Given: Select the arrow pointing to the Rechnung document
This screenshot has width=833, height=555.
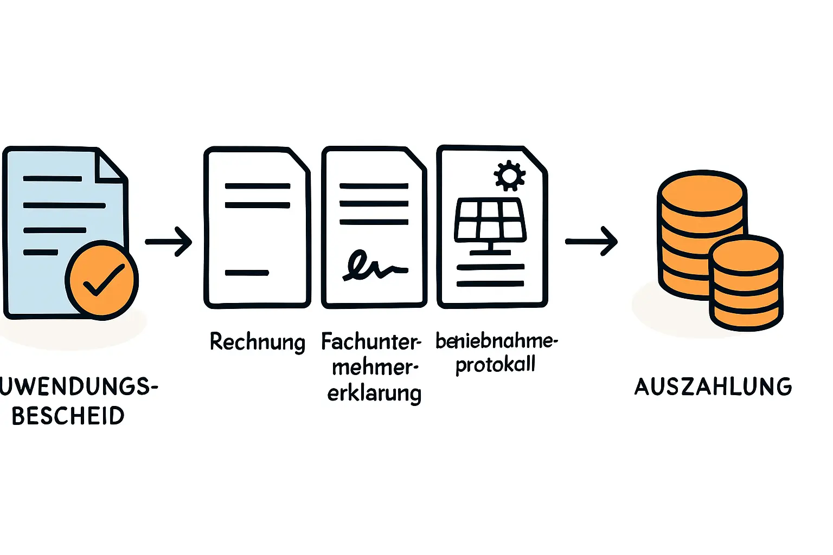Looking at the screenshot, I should (169, 241).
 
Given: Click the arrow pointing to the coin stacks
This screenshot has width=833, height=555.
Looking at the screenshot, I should (592, 241).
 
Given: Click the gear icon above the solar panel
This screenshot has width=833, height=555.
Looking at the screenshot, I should (509, 175).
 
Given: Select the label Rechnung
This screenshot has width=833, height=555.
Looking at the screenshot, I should (258, 342).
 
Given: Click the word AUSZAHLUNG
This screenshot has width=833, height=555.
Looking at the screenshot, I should (713, 387).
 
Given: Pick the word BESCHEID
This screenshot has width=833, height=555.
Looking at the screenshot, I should (68, 416).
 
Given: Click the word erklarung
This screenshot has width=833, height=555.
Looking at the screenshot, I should (374, 393).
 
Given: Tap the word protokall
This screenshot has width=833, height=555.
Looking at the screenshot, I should (495, 365).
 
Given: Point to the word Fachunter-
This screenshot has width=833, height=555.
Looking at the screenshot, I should (371, 342).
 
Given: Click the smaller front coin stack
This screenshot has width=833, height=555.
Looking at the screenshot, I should (746, 285).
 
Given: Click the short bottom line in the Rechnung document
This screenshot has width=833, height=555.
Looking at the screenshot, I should (247, 273).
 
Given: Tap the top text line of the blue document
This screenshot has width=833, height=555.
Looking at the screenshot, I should (53, 178).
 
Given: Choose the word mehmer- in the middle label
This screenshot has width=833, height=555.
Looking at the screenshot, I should (375, 367).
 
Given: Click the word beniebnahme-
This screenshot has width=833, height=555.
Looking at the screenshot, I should (496, 341).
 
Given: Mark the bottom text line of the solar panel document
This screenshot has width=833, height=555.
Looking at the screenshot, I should (490, 283).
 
